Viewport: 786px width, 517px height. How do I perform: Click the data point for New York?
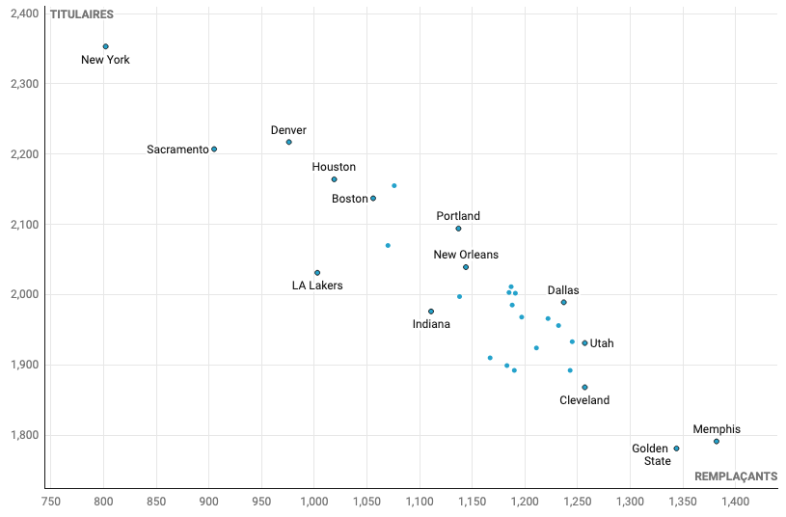coord(105,46)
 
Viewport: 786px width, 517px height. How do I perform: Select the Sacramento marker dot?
coord(214,150)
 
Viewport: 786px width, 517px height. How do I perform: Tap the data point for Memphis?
coord(717,442)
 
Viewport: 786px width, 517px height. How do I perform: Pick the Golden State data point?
coord(676,449)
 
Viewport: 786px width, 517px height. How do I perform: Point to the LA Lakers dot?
coord(317,273)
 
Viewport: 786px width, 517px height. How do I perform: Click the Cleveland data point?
coord(584,388)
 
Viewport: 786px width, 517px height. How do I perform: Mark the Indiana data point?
coord(431,312)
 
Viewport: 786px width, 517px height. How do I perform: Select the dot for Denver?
coord(288,143)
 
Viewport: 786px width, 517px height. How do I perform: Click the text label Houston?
coord(334,167)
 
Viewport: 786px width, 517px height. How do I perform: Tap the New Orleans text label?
coord(466,255)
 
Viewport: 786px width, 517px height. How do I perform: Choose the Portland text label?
coord(458,216)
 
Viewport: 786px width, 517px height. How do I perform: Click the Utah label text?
coord(602,343)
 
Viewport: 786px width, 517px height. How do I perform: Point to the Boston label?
coord(350,199)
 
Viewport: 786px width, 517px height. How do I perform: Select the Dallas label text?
coord(563,290)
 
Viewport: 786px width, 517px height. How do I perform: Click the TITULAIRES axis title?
coord(81,14)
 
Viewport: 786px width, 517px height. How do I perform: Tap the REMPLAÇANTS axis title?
coord(736,476)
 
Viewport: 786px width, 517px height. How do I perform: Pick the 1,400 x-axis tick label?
coord(735,502)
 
